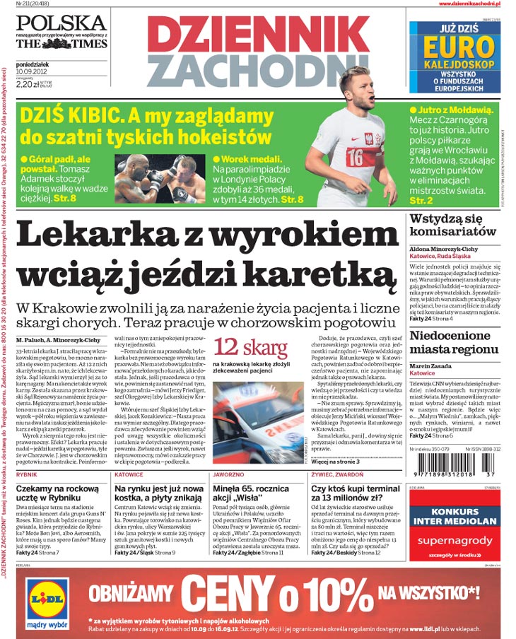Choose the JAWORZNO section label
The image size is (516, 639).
pos(229,474)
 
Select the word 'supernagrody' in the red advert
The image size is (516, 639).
pos(455,541)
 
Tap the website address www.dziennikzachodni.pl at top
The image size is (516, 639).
pos(474,4)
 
